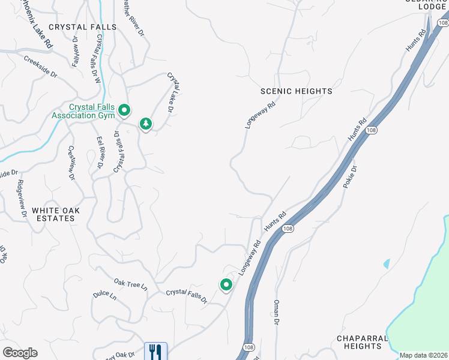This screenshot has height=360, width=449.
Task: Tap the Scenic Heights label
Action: coord(296,91)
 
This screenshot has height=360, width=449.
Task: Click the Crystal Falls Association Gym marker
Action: coord(124,110)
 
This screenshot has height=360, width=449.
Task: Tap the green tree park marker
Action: coord(145,124)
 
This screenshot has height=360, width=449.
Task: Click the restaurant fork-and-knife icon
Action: coord(155,350)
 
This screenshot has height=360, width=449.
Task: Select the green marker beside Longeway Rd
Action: coord(226,285)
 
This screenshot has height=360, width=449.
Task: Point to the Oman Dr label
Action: coord(277,313)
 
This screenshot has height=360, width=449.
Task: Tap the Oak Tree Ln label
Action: coord(130,283)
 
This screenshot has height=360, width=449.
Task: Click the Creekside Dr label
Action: coord(40,67)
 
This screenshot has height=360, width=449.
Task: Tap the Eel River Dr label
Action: coord(100,152)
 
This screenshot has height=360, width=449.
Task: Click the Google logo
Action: coord(20,353)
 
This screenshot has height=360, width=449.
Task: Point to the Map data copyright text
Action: coord(423,355)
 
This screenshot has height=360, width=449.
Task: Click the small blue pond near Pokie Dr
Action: coord(386,263)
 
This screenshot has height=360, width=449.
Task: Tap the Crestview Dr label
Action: coord(71,163)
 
